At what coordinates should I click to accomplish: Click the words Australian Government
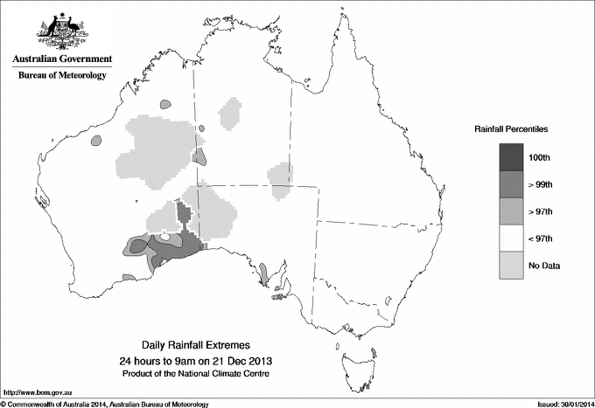62,59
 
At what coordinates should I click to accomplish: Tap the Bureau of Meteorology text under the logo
62,76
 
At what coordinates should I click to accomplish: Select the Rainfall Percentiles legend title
511,128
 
